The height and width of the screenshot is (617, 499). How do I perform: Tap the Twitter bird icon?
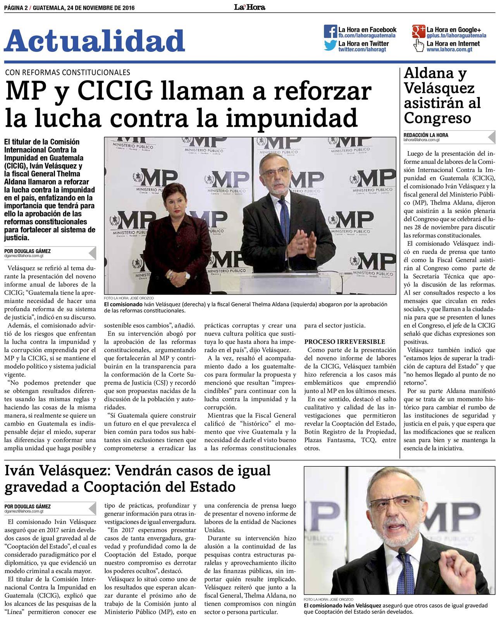click(330, 46)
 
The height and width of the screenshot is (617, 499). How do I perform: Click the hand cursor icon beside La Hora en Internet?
click(419, 46)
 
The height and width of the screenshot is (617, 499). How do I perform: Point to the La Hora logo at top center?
click(250, 7)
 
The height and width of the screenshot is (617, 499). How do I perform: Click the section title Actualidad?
click(95, 41)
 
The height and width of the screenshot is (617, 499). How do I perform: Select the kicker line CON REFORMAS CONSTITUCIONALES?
click(67, 72)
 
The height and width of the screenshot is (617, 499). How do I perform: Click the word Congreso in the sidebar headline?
click(437, 117)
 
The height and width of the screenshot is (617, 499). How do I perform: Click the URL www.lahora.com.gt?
click(449, 50)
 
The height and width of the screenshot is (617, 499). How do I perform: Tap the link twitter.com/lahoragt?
click(362, 50)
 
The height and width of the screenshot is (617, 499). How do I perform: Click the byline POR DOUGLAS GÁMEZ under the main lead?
click(28, 251)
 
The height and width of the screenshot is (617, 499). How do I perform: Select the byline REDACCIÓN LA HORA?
click(426, 135)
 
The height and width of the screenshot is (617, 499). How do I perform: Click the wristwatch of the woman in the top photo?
click(188, 276)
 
